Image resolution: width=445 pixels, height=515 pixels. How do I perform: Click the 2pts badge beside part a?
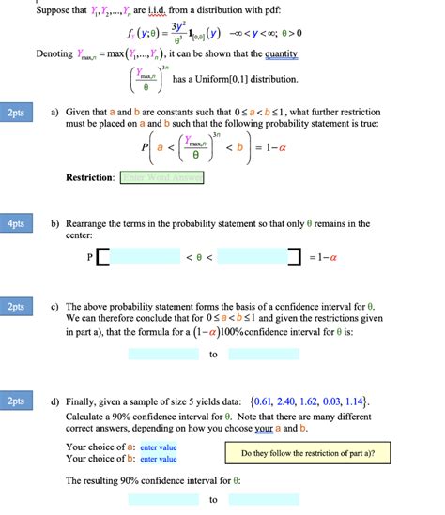tap(16, 114)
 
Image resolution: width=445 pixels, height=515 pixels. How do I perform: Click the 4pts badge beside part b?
tap(16, 225)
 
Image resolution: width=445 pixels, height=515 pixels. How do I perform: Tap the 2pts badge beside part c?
tap(16, 307)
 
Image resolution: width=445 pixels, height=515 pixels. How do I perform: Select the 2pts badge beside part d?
tap(16, 401)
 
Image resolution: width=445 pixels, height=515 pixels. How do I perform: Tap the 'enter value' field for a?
tap(158, 447)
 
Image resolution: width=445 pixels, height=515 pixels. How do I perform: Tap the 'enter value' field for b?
tap(158, 459)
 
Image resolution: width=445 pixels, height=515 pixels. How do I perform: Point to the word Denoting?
tap(54, 54)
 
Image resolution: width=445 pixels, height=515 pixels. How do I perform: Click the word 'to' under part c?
tap(214, 355)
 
